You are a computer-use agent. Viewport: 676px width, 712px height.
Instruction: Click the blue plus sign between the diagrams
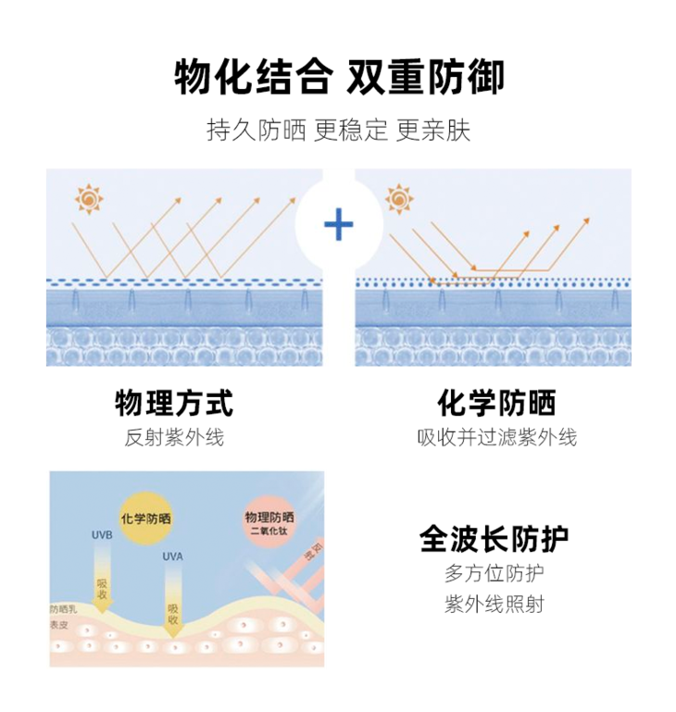339,224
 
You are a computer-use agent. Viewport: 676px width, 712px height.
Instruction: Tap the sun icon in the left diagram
89,199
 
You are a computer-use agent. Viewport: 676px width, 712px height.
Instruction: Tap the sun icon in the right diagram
399,199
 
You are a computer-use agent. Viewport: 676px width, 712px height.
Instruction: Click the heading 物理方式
174,403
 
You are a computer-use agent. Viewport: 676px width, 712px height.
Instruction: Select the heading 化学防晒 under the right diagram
497,403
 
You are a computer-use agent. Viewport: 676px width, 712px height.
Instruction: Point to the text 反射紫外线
174,437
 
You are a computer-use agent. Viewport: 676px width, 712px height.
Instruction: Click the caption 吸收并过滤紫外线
497,437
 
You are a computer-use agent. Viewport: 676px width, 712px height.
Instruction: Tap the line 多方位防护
494,573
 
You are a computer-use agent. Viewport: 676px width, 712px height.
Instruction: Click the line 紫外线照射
494,605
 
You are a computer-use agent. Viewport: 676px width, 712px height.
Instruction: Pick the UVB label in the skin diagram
102,536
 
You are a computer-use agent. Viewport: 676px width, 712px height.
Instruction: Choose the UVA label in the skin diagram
173,557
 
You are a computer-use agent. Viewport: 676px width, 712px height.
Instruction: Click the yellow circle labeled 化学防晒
145,518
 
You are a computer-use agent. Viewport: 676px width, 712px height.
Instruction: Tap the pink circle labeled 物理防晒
269,521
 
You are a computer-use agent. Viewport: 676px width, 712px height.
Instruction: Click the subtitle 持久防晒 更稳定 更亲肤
338,130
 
